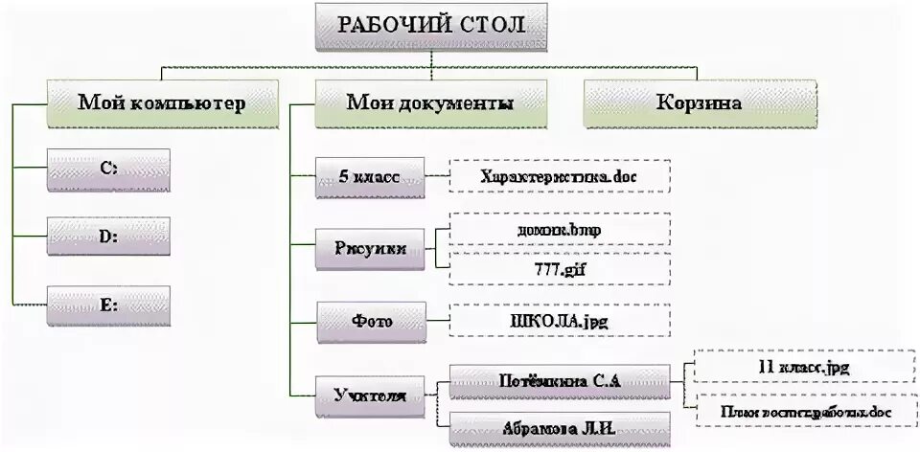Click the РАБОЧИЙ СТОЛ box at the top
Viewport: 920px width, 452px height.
click(x=431, y=26)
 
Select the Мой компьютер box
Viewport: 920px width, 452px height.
click(x=162, y=102)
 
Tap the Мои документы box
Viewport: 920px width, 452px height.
click(x=430, y=102)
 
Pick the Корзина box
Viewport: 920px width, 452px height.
click(x=700, y=102)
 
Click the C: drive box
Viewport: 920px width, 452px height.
click(x=108, y=168)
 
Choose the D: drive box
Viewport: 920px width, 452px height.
click(x=108, y=236)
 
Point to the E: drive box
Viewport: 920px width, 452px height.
click(x=108, y=305)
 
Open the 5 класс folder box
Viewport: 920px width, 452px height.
click(x=369, y=176)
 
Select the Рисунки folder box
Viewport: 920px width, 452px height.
click(x=369, y=248)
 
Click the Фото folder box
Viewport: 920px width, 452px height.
click(x=369, y=319)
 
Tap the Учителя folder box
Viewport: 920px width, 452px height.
click(x=369, y=394)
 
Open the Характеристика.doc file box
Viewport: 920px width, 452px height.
click(x=560, y=176)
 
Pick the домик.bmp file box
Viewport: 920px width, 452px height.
click(x=560, y=230)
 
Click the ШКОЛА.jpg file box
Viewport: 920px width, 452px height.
click(x=560, y=320)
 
